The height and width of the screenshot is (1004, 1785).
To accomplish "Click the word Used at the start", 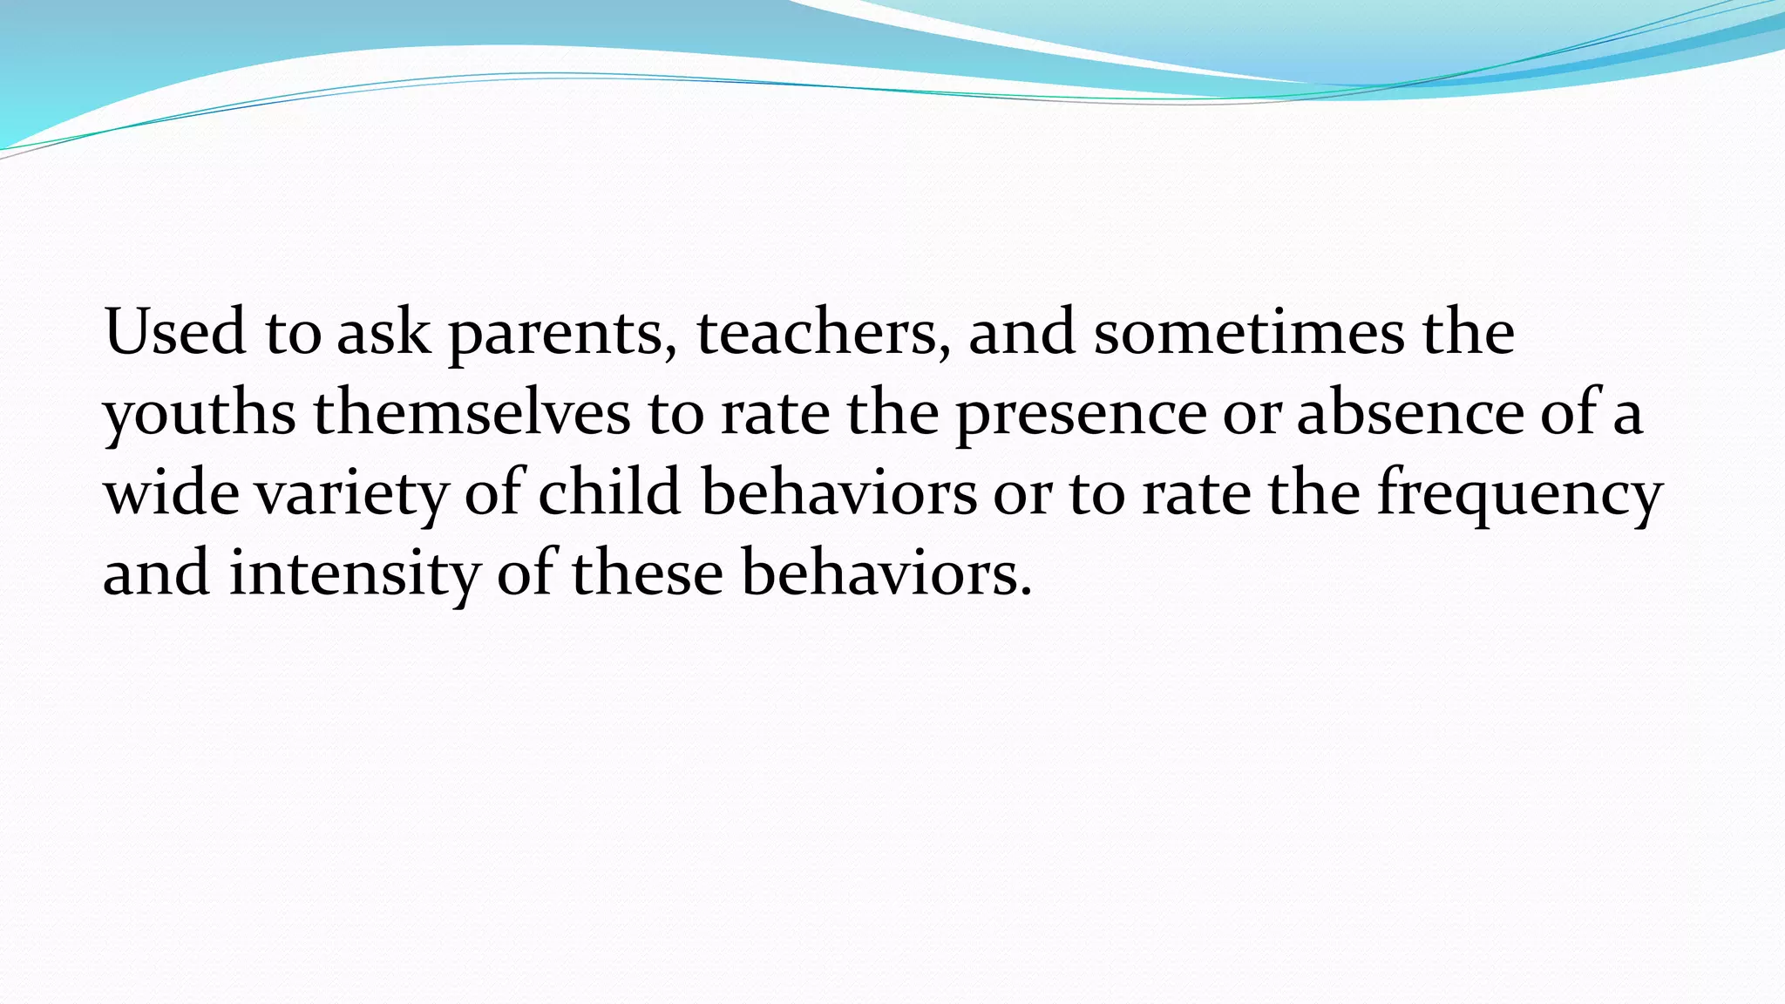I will coord(174,333).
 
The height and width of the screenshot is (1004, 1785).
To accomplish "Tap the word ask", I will coord(383,333).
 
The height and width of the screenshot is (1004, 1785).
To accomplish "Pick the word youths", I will coord(200,415).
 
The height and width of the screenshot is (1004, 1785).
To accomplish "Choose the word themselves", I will coord(472,413).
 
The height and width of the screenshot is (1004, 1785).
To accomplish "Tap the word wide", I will coord(171,493).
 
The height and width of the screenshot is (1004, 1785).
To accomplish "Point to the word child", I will coord(608,493).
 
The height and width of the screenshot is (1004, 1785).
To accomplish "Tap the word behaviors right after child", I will coord(838,493).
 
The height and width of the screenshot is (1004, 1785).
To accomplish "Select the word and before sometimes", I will coord(1021,333).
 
